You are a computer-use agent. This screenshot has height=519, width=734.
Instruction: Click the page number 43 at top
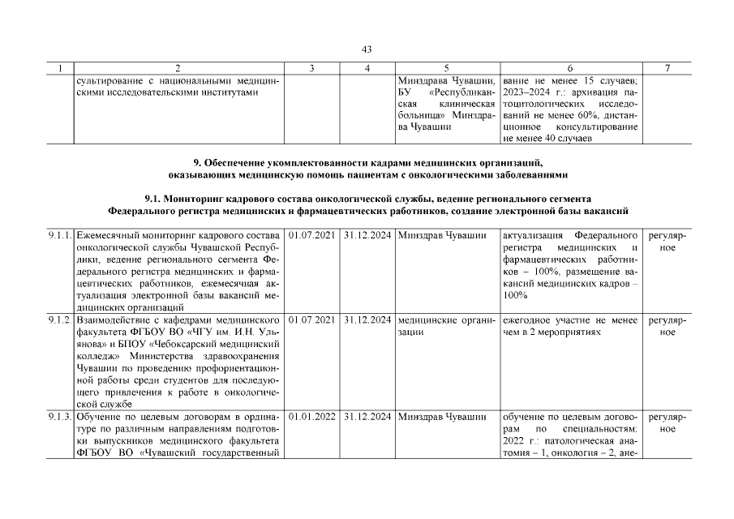click(x=367, y=50)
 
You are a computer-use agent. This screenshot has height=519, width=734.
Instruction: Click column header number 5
click(x=447, y=69)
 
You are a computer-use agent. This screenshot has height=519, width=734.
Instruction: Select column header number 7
click(x=667, y=69)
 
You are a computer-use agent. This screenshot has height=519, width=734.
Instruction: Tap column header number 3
click(x=312, y=69)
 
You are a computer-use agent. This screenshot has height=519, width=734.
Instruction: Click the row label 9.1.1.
click(x=59, y=235)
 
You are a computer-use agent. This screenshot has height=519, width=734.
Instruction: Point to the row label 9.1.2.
click(x=58, y=320)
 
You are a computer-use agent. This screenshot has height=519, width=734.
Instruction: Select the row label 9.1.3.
click(x=59, y=418)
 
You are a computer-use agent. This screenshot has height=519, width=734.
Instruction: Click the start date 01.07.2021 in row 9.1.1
click(x=312, y=235)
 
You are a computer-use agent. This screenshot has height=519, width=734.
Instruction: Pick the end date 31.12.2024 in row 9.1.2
click(x=367, y=320)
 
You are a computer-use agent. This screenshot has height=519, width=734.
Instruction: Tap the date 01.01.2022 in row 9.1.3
click(x=312, y=418)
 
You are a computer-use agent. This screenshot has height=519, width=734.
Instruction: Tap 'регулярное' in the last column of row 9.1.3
click(x=667, y=423)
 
